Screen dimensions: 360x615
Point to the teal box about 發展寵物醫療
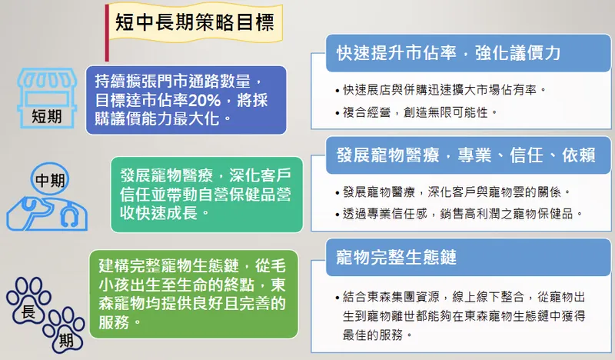point(206,194)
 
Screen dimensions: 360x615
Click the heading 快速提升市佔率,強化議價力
point(448,52)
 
